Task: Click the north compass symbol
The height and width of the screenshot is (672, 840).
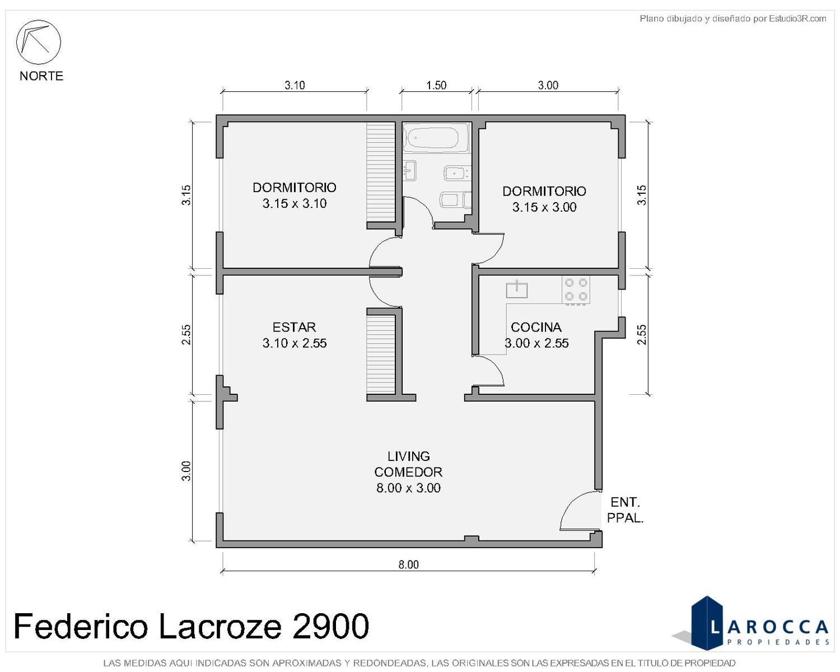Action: coord(38,42)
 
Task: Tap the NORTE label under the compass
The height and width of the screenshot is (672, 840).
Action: coord(41,76)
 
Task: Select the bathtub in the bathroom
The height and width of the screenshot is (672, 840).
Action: coord(435,137)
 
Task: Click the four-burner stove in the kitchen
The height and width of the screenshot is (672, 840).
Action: coord(576,290)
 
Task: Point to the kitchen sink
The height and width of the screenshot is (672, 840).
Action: coord(516,290)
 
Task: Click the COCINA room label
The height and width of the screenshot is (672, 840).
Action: coord(536,327)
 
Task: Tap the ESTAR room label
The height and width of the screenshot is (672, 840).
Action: coord(294,327)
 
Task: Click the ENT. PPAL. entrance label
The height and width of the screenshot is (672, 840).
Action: coord(625,510)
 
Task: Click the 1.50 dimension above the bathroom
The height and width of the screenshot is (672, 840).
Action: coord(436,85)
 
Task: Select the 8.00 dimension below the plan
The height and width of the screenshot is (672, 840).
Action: coord(408,564)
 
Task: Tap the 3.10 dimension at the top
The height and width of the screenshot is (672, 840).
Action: coord(295,85)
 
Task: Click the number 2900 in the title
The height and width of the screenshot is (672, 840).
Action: coord(330,626)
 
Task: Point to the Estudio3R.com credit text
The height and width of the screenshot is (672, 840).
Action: coord(797,18)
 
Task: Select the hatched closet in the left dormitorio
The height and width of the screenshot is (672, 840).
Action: coord(381,172)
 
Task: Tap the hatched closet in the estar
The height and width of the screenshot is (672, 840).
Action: coord(381,354)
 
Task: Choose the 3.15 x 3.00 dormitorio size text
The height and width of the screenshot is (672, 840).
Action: coord(544,207)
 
